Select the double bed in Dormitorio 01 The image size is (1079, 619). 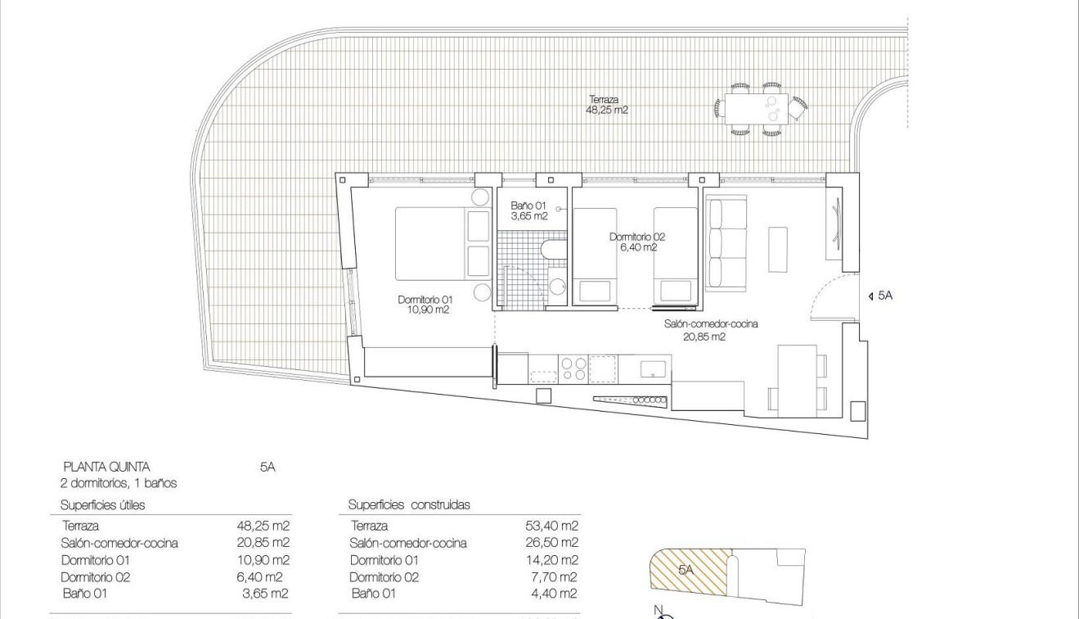coord(442,243)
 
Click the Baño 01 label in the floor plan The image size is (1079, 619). coord(528,211)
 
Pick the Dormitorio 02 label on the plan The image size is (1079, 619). coord(636,242)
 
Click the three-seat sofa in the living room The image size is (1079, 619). coord(726,243)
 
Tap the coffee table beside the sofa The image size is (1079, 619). coord(777,248)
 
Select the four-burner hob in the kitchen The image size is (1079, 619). coord(572,368)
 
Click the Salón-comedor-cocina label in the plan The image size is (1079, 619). coord(710,329)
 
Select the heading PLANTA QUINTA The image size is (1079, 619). coord(106,467)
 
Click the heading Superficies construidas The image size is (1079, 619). coord(409,505)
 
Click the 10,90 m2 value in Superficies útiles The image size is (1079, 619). coord(263,560)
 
